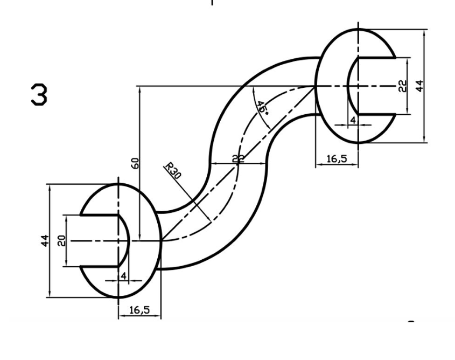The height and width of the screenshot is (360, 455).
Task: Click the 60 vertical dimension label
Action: tap(136, 163)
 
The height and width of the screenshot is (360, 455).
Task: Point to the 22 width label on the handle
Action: tap(238, 158)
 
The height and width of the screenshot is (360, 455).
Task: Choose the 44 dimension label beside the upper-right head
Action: tap(419, 85)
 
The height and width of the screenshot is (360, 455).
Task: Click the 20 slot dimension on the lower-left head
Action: tap(62, 240)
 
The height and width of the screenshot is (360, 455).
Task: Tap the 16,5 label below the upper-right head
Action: tap(337, 159)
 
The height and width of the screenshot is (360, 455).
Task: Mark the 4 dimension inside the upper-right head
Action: tap(353, 120)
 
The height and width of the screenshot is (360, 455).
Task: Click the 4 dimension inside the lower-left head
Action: tap(123, 275)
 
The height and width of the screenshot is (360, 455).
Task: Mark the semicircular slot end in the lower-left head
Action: tap(128, 241)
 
